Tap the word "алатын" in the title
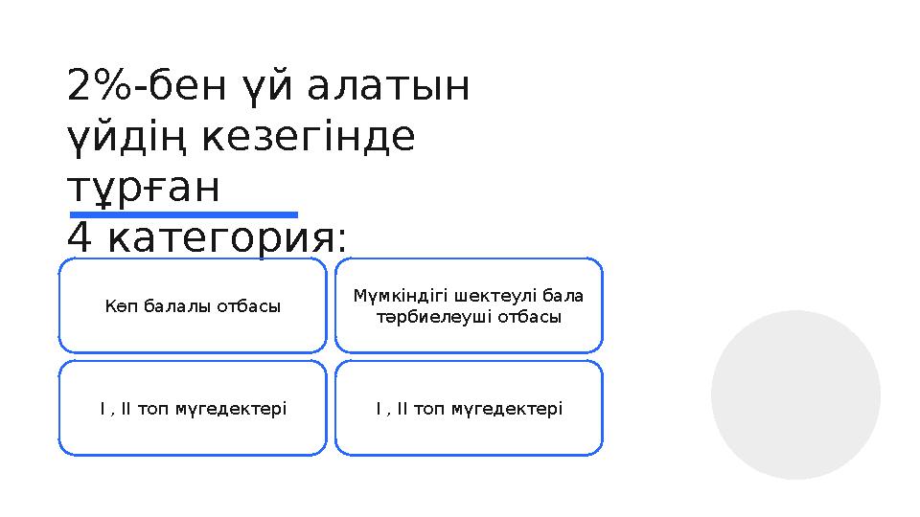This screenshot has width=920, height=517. (390, 88)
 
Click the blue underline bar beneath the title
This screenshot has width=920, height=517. (184, 214)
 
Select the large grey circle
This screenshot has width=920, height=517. (795, 394)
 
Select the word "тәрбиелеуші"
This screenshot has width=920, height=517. (432, 317)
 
